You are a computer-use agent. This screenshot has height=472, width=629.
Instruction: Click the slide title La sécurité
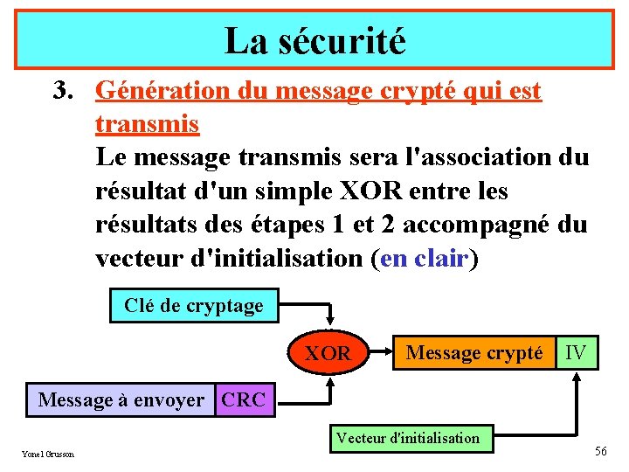(314, 40)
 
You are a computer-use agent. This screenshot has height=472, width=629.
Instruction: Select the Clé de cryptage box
(193, 306)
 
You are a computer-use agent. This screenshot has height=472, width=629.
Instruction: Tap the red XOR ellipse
(328, 353)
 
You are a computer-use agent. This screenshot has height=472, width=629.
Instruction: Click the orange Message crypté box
(474, 352)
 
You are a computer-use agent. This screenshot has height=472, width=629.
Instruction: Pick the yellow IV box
(576, 352)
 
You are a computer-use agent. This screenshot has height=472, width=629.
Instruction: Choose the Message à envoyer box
(121, 400)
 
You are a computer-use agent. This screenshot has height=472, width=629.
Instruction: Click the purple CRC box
(244, 400)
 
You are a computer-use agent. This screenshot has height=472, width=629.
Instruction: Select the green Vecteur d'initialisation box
(409, 438)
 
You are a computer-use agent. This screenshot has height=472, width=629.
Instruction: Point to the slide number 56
(600, 451)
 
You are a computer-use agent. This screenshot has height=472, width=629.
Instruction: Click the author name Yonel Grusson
(48, 454)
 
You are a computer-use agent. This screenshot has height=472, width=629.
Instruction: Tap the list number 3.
(60, 91)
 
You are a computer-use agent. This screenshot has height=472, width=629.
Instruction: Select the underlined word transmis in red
(147, 124)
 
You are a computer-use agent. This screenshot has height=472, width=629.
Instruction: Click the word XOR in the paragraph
(354, 191)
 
